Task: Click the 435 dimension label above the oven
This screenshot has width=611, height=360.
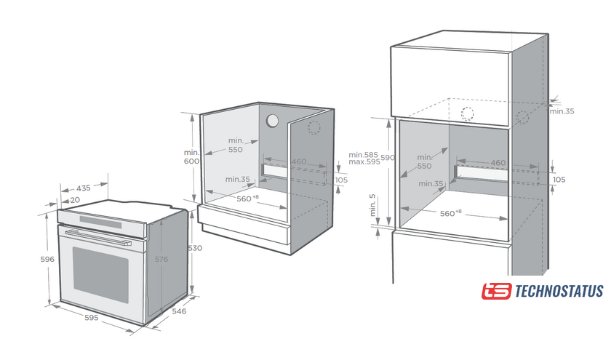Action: pyautogui.click(x=83, y=188)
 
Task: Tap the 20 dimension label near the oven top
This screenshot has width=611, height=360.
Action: pyautogui.click(x=75, y=200)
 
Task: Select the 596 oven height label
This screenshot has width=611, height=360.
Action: pyautogui.click(x=47, y=259)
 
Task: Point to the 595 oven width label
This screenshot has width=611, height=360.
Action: pyautogui.click(x=92, y=318)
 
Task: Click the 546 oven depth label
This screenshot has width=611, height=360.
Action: pyautogui.click(x=179, y=311)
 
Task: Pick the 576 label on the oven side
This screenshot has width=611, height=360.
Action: pyautogui.click(x=161, y=259)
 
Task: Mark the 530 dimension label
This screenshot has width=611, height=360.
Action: pyautogui.click(x=195, y=248)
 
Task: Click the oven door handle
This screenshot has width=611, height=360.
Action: pyautogui.click(x=98, y=238)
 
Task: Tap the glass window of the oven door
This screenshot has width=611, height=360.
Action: pyautogui.click(x=100, y=275)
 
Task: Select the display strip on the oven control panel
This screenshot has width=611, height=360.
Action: pyautogui.click(x=100, y=222)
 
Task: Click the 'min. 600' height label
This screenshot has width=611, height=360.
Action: pyautogui.click(x=192, y=156)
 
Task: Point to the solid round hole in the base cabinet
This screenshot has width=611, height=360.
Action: pyautogui.click(x=272, y=121)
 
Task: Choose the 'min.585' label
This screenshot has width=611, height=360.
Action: pyautogui.click(x=363, y=155)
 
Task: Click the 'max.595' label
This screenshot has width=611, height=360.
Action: pyautogui.click(x=364, y=161)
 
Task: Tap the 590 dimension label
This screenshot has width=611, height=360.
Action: pyautogui.click(x=388, y=157)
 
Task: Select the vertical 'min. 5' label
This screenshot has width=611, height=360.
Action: pyautogui.click(x=373, y=205)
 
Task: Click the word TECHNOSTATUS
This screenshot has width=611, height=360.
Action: pyautogui.click(x=559, y=291)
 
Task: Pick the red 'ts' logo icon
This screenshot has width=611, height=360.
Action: pyautogui.click(x=496, y=291)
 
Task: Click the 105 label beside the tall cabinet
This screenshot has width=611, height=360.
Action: pyautogui.click(x=559, y=180)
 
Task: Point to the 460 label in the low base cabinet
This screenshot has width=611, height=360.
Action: pyautogui.click(x=299, y=161)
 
